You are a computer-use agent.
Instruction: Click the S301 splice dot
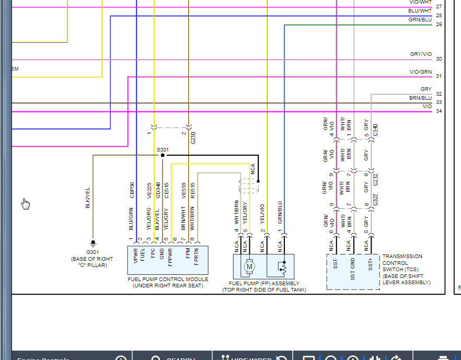163,155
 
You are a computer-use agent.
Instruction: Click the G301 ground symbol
94,243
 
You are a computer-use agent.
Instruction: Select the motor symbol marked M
249,266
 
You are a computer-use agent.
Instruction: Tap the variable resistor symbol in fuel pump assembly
282,267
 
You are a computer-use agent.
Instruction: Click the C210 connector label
193,138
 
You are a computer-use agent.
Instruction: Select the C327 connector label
375,200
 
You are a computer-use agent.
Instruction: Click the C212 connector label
375,179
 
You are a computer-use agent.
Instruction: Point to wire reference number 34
439,111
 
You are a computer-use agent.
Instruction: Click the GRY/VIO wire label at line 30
421,54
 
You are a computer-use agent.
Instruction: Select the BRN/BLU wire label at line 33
420,98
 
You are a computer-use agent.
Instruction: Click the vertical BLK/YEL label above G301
88,198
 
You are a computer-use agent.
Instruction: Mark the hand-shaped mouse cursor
26,204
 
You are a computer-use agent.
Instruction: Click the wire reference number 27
439,7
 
